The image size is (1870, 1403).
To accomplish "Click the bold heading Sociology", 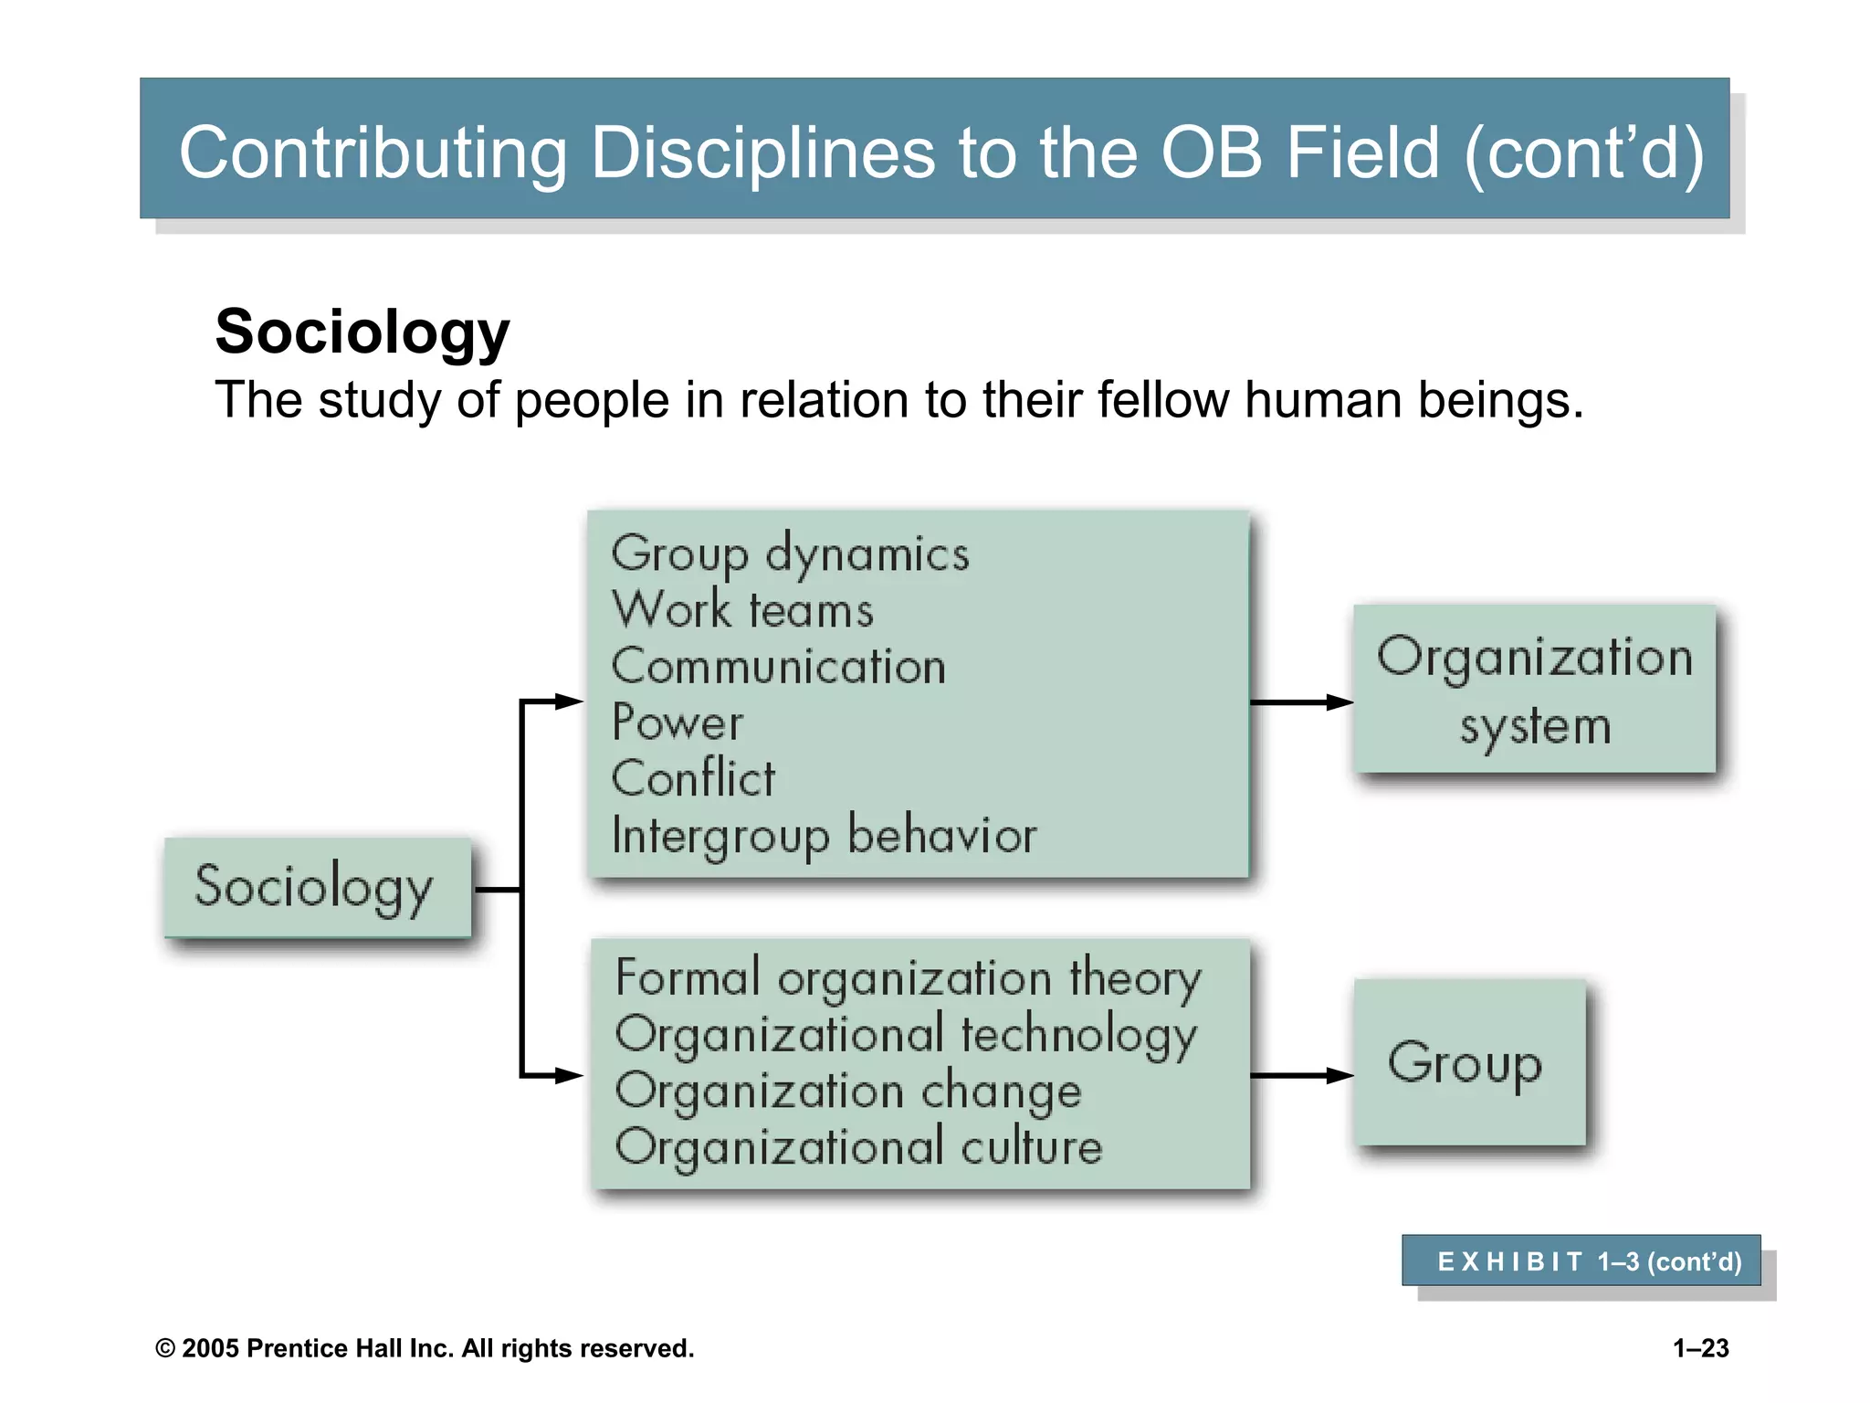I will coord(362,332).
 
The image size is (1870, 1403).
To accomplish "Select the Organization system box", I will coord(1534,690).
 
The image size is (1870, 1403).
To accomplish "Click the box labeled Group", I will coord(1468,1062).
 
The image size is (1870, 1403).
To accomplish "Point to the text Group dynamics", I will coord(790,554).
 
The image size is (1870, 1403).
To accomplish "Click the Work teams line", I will coord(742,610).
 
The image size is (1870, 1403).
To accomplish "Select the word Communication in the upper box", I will coord(779,666).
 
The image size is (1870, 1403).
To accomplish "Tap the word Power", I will coord(678,723).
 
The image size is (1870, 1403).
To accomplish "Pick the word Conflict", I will coord(693,779).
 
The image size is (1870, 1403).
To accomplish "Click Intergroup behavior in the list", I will coord(825,835).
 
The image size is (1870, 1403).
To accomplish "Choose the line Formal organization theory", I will coord(909,978).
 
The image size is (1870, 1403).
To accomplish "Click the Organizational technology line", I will coord(906,1035).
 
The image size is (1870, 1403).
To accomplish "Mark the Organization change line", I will coord(848,1092).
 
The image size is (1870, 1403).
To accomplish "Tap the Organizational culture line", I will coord(859,1147).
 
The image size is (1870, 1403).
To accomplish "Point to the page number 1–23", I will coord(1700,1348).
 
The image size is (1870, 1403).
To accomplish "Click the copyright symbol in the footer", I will coord(165,1349).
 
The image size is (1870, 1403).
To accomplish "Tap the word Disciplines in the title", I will coord(762,153).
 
